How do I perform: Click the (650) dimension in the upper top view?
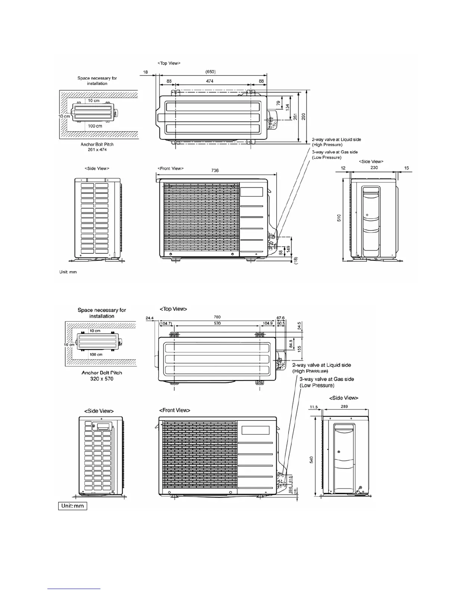point(211,71)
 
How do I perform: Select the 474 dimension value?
point(210,81)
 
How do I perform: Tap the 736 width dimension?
point(215,170)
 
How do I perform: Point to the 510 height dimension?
point(339,218)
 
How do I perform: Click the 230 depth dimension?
point(374,168)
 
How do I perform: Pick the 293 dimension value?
point(304,117)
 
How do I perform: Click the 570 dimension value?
point(217,323)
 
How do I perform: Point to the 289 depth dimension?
point(344,407)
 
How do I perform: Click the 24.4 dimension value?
point(149,318)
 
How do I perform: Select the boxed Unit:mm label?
point(73,506)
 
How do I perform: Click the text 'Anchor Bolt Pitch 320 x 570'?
point(102,376)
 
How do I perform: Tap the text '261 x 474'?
point(97,149)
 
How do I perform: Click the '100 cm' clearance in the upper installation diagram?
point(95,126)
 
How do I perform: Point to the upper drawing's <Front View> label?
point(171,169)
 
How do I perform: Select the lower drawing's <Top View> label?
point(173,309)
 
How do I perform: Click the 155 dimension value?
point(300,348)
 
